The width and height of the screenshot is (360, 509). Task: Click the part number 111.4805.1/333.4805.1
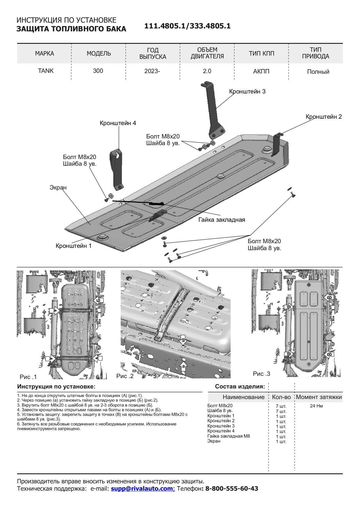[x=187, y=26]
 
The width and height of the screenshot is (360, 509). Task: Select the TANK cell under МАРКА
[x=46, y=71]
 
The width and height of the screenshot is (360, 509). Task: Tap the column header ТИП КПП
[x=261, y=53]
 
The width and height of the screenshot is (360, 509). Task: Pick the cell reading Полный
[x=318, y=72]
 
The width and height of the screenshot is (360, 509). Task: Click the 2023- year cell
[x=152, y=71]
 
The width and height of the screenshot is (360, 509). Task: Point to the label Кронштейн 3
[x=247, y=91]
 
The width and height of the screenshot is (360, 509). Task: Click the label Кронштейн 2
[x=324, y=117]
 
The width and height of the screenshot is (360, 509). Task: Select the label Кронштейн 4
[x=118, y=123]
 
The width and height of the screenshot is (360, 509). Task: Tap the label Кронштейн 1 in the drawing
[x=73, y=246]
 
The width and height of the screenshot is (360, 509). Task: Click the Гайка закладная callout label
[x=222, y=220]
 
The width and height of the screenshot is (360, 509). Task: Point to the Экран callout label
[x=58, y=187]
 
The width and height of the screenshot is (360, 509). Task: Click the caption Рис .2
[x=125, y=376]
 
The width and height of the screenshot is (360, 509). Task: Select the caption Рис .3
[x=261, y=374]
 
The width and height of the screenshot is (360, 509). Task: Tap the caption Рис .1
[x=28, y=377]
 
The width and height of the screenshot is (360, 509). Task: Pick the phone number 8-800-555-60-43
[x=232, y=488]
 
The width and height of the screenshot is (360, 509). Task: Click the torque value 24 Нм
[x=316, y=406]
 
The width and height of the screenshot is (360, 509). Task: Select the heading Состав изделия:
[x=240, y=387]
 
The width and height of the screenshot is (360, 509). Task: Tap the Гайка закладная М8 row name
[x=229, y=436]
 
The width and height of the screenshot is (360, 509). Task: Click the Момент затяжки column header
[x=319, y=397]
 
